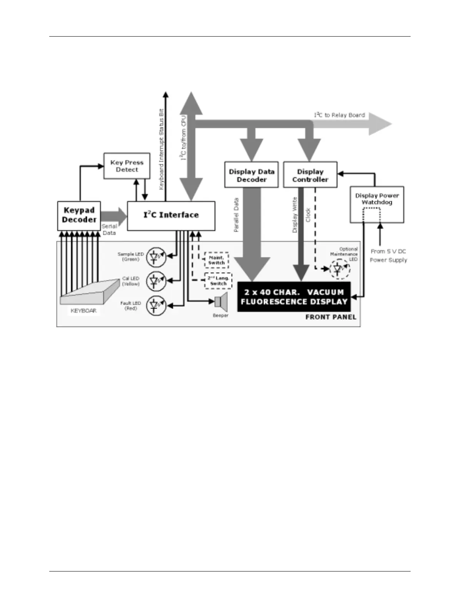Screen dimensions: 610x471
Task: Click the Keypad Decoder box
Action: click(x=79, y=216)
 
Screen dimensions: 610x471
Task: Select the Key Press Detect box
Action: click(x=127, y=166)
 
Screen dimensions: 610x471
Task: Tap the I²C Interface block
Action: click(x=171, y=216)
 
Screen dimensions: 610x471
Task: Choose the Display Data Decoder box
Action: click(x=251, y=175)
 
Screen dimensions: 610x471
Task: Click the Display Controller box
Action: click(x=310, y=175)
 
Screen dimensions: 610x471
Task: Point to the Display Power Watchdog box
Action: click(x=377, y=205)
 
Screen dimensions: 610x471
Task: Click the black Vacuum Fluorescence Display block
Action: click(x=294, y=297)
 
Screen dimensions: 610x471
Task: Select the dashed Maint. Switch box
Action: click(x=217, y=260)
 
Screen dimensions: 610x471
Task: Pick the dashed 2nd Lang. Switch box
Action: click(x=218, y=281)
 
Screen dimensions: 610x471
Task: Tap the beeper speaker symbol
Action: click(x=221, y=302)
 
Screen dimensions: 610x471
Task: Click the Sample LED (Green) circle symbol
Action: click(x=156, y=257)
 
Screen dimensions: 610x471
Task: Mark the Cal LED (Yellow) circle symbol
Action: click(x=156, y=281)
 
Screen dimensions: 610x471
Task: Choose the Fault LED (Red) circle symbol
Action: click(x=156, y=306)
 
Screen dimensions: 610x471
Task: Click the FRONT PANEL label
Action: click(x=331, y=317)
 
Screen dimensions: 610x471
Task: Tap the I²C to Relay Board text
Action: click(x=339, y=115)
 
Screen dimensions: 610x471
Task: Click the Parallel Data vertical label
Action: click(x=236, y=215)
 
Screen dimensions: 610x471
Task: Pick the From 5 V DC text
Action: click(x=388, y=251)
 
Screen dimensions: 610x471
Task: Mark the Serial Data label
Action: click(x=109, y=230)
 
